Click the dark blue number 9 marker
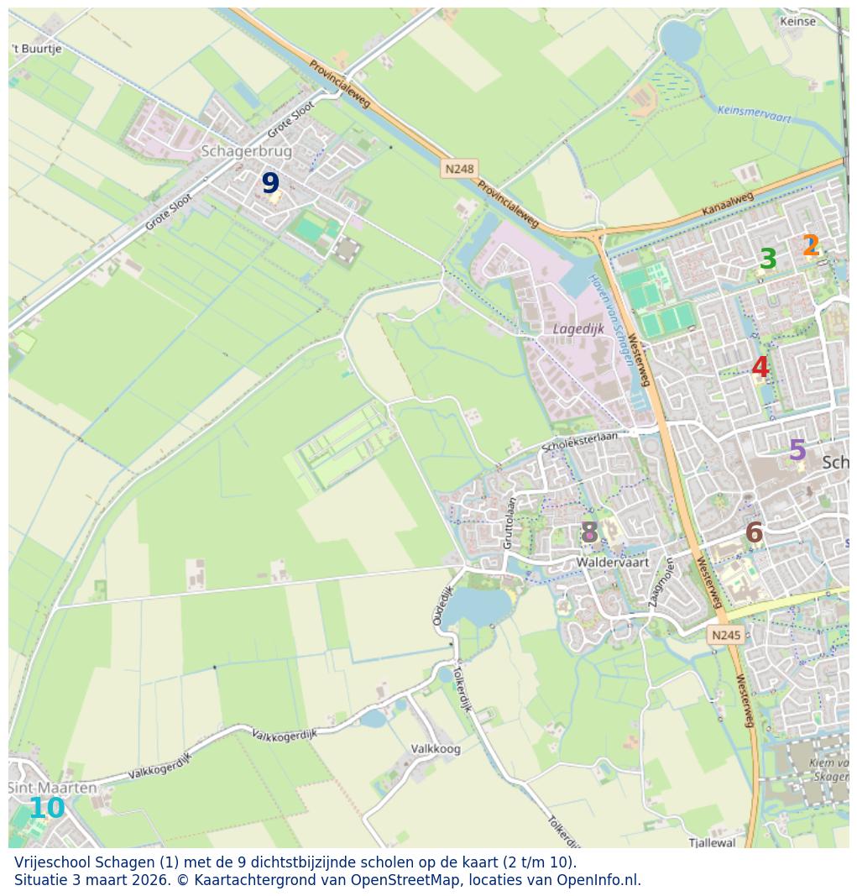point(269,183)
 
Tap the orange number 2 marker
point(810,246)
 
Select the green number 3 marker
point(767,259)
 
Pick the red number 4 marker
point(760,367)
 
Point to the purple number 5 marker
point(797,451)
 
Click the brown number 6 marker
point(754,533)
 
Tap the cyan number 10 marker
point(46,809)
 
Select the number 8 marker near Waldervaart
point(589,532)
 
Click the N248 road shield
point(459,169)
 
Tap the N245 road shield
point(726,635)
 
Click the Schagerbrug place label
point(247,151)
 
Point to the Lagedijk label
point(578,329)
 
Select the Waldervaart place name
point(613,563)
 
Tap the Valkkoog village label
point(436,749)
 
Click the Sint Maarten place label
point(52,789)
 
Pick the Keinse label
point(797,22)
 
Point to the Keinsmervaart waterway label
point(754,114)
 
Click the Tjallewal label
point(712,842)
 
